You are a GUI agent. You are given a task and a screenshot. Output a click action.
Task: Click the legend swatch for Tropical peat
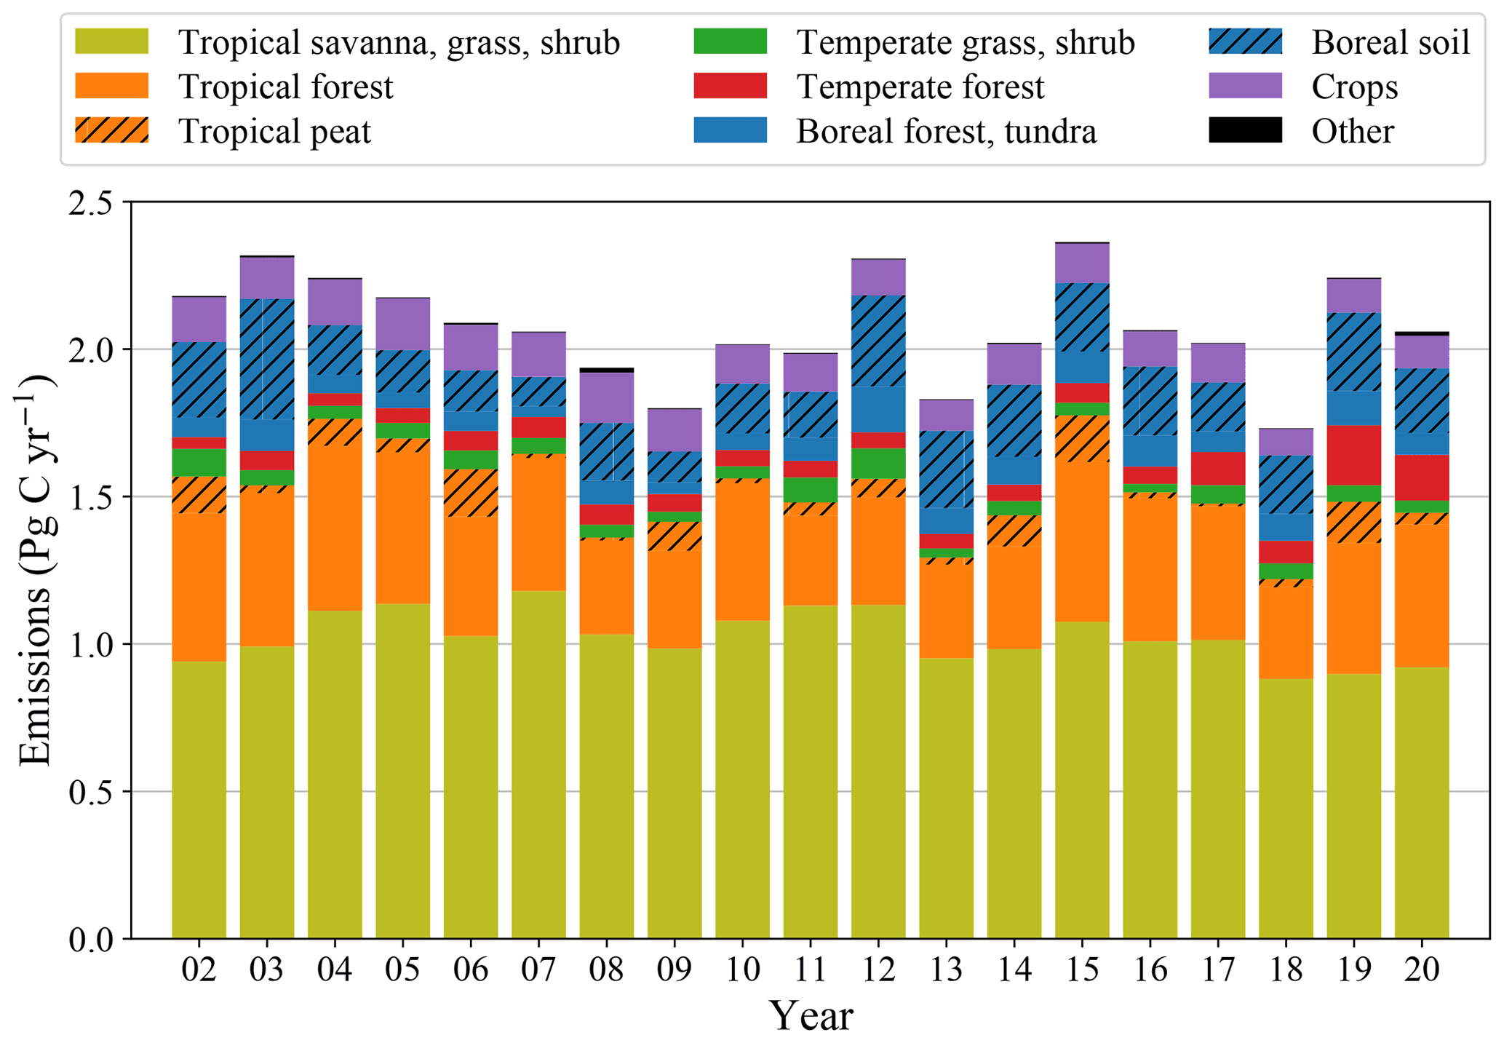pyautogui.click(x=111, y=131)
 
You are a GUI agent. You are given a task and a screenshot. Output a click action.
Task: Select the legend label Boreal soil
pyautogui.click(x=1390, y=42)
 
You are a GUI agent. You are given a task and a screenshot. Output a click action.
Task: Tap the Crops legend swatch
pyautogui.click(x=1245, y=87)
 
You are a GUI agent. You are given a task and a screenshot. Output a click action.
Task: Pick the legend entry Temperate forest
pyautogui.click(x=920, y=87)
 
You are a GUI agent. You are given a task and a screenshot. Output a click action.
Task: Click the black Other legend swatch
pyautogui.click(x=1245, y=131)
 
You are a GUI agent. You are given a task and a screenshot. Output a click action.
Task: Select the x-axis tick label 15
pyautogui.click(x=1082, y=970)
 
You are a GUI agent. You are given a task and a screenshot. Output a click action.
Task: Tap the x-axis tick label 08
pyautogui.click(x=606, y=970)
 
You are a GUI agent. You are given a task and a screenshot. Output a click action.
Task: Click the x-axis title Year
pyautogui.click(x=811, y=1016)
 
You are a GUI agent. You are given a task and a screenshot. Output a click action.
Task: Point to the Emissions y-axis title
pyautogui.click(x=35, y=570)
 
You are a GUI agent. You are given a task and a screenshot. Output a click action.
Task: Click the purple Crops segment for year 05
pyautogui.click(x=402, y=324)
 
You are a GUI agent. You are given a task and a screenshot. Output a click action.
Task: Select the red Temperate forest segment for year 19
pyautogui.click(x=1353, y=455)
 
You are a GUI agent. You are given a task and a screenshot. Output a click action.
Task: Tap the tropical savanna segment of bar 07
pyautogui.click(x=538, y=764)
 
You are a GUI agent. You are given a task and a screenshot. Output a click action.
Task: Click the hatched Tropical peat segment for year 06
pyautogui.click(x=471, y=493)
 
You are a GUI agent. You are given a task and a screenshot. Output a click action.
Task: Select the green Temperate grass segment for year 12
pyautogui.click(x=878, y=463)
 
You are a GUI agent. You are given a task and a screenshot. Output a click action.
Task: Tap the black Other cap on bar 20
pyautogui.click(x=1422, y=333)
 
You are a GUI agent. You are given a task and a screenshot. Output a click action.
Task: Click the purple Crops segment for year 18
pyautogui.click(x=1286, y=442)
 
